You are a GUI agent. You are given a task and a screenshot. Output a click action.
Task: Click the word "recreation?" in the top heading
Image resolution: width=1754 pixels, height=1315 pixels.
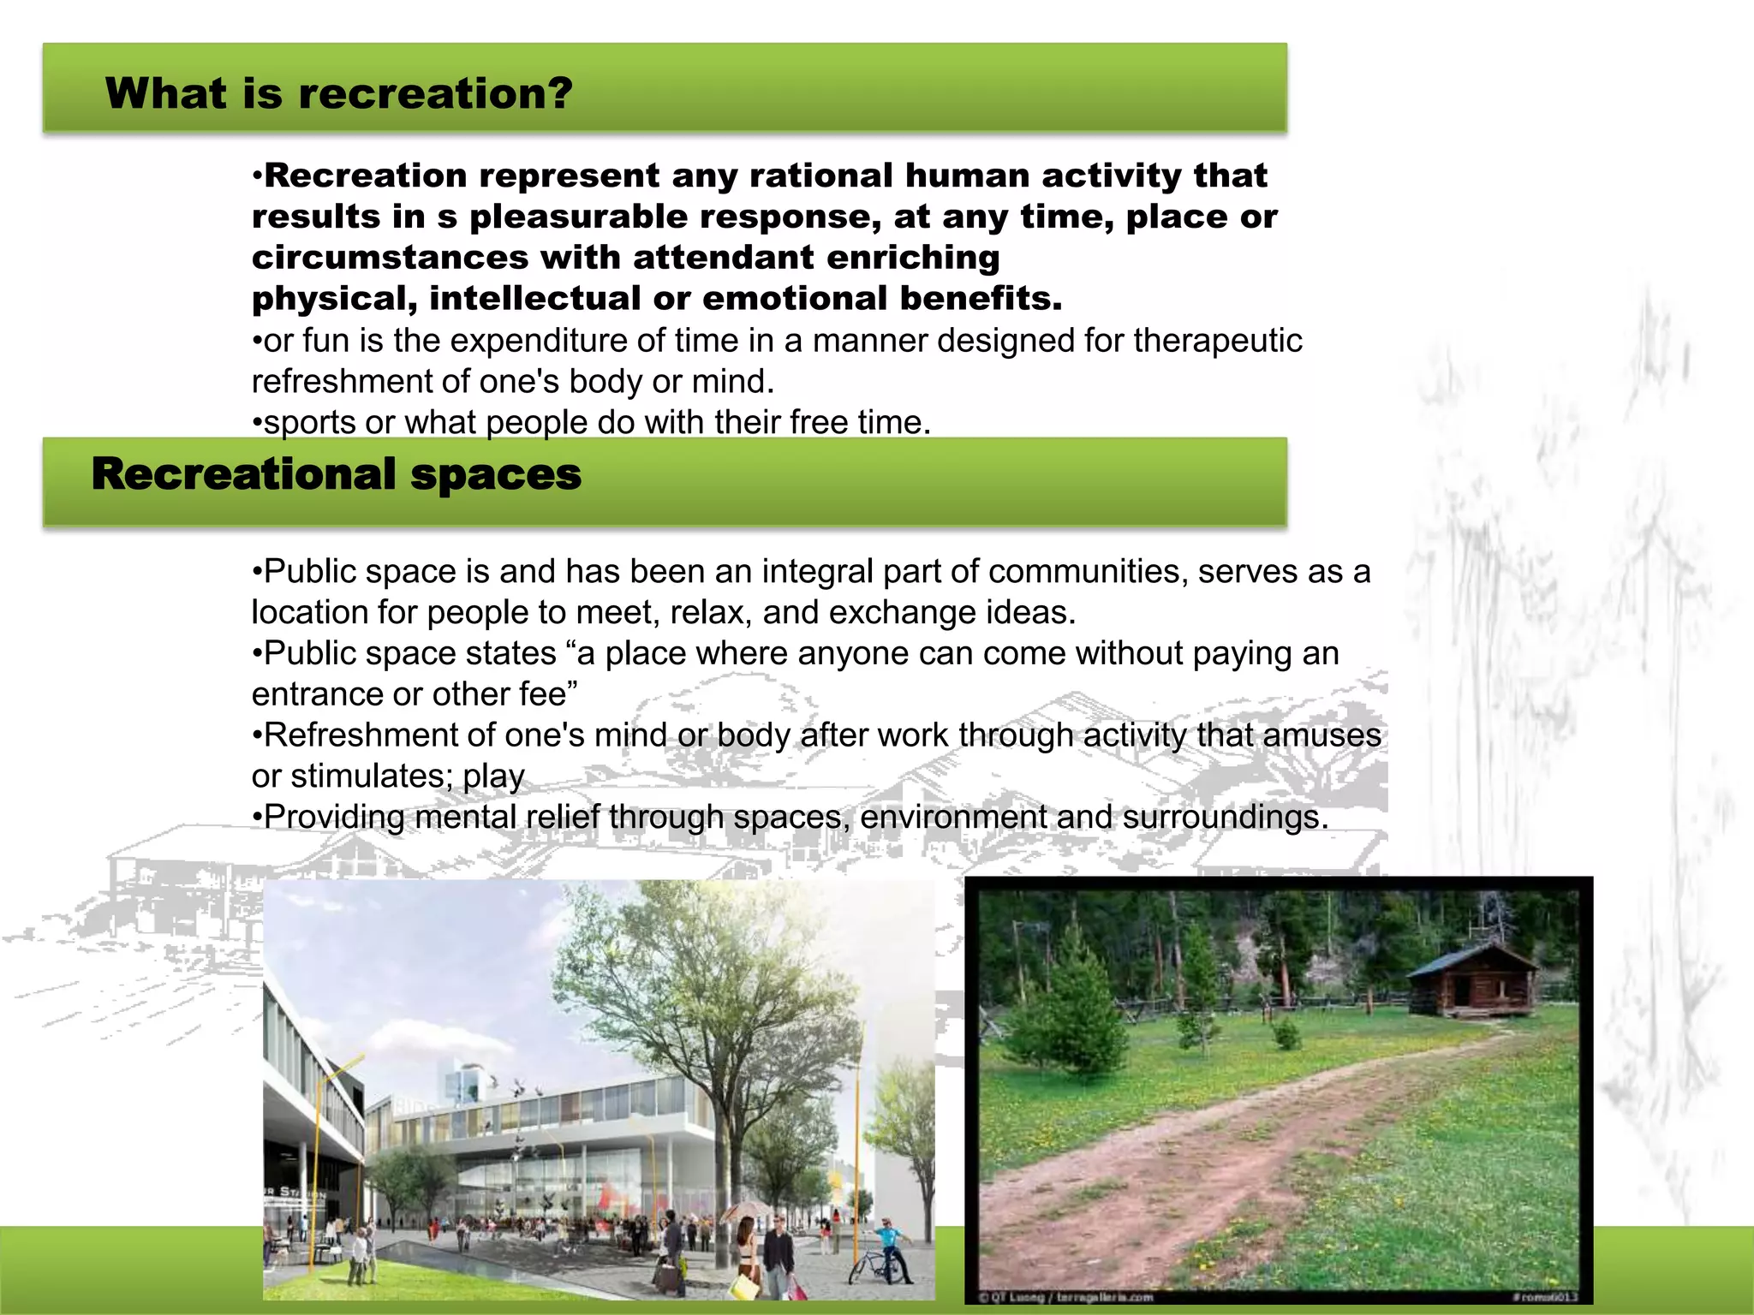click(435, 93)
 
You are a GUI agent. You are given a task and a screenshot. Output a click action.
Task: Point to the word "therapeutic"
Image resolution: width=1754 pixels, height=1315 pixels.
click(1217, 341)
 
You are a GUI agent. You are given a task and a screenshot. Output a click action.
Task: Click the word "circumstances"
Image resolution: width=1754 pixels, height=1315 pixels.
click(390, 258)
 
